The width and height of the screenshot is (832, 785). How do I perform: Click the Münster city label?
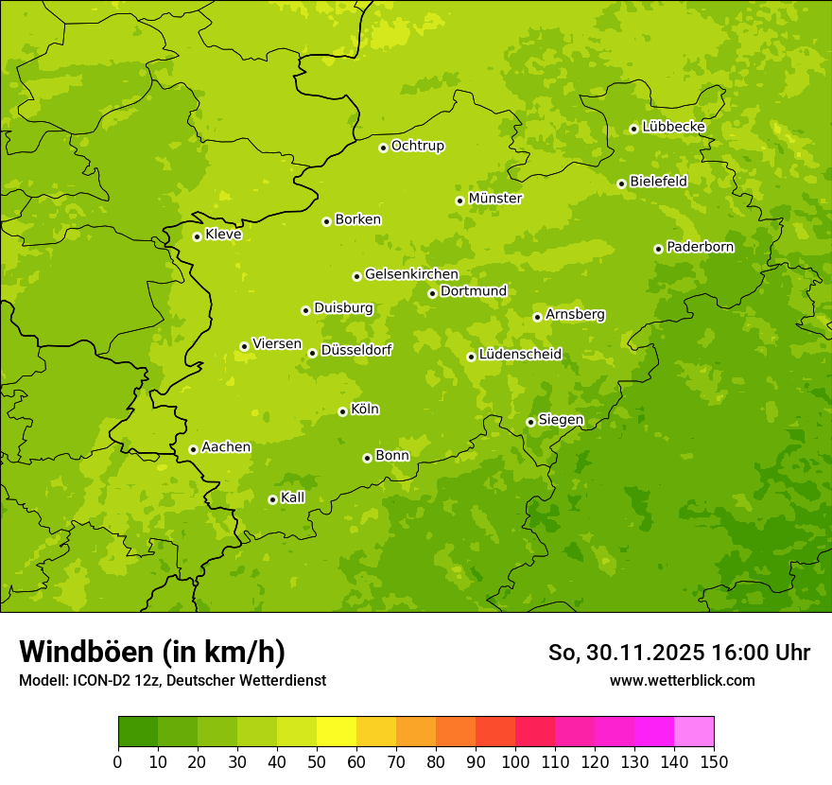tap(495, 199)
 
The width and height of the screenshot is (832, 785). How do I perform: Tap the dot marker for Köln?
tap(342, 411)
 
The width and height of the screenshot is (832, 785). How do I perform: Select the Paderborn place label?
tap(700, 247)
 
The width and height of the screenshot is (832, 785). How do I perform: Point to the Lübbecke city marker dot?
tap(633, 129)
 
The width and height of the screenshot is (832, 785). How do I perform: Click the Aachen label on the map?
tap(226, 447)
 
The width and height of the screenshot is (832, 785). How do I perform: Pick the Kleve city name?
tap(223, 235)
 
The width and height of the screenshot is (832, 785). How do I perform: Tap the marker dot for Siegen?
tap(530, 423)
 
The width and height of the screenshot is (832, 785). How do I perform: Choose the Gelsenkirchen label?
tap(411, 274)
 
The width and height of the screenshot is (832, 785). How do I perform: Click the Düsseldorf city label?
tap(356, 350)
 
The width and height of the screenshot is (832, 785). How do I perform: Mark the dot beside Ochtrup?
tap(383, 148)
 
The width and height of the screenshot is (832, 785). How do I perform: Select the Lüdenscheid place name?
tap(520, 355)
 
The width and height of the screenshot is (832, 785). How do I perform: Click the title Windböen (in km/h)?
tap(152, 652)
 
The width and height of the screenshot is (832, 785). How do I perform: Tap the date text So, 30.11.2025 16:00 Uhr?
tap(679, 653)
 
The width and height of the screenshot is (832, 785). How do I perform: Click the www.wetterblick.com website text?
tap(682, 680)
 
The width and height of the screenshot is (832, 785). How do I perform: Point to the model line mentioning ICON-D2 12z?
tap(172, 680)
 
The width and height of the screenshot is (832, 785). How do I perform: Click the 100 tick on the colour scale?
tap(515, 761)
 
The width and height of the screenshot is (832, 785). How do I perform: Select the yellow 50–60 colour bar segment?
tap(337, 732)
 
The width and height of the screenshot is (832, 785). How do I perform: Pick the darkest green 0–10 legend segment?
tap(138, 732)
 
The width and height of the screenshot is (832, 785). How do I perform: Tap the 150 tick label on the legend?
tap(714, 761)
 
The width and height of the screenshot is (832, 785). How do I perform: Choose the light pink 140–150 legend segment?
tap(694, 732)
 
